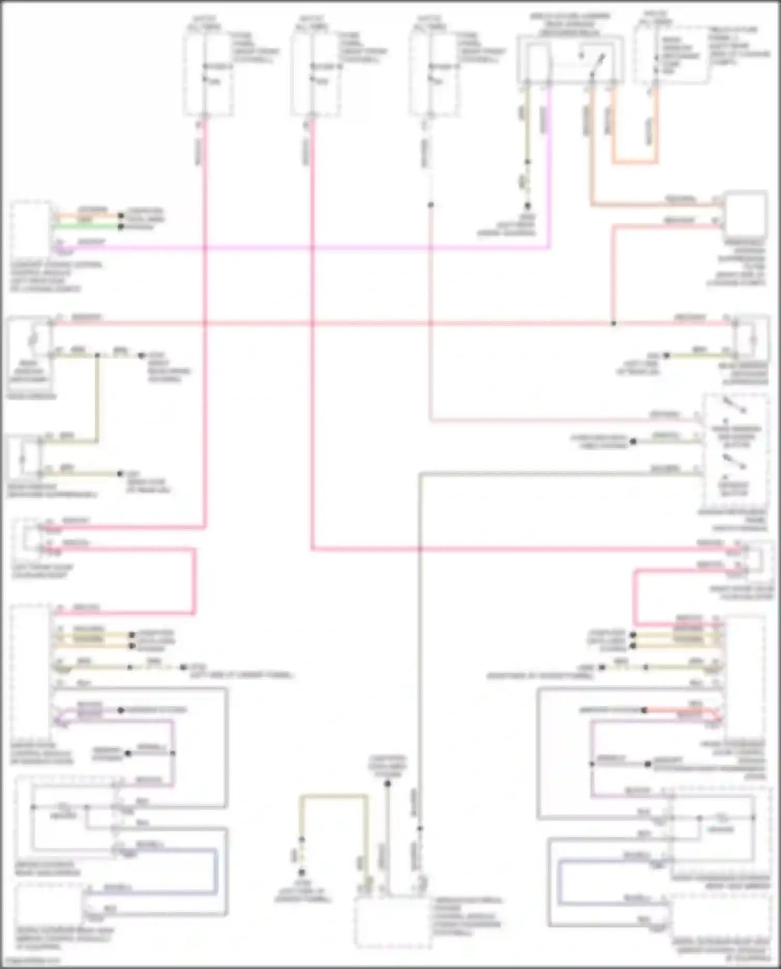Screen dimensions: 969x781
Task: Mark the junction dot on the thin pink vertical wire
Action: (x=431, y=205)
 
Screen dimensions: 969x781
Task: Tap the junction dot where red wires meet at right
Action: (x=613, y=323)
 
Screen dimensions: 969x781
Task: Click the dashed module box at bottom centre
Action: (x=393, y=921)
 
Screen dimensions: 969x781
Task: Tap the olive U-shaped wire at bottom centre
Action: (x=333, y=797)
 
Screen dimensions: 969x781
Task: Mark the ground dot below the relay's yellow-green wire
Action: (x=527, y=206)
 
